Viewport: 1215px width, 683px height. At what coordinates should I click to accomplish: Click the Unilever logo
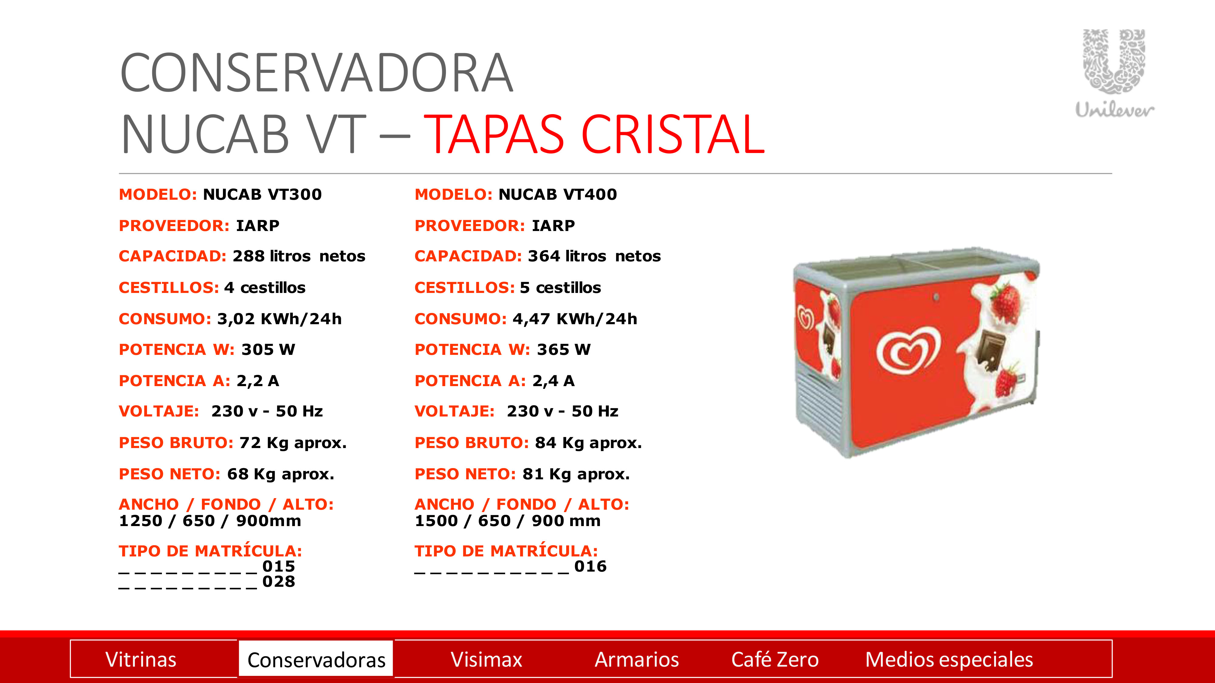(x=1114, y=73)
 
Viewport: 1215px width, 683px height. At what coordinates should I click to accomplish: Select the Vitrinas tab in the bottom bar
(x=141, y=659)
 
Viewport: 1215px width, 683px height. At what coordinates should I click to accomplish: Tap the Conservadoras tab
(x=316, y=659)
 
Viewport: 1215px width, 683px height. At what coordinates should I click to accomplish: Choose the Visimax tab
(x=486, y=659)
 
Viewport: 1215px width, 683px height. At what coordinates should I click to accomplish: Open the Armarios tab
(x=637, y=659)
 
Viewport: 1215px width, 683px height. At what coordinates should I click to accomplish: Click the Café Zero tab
(x=775, y=659)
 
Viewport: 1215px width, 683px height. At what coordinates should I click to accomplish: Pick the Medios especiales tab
(x=949, y=659)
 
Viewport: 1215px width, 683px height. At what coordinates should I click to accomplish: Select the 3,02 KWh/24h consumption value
(x=279, y=319)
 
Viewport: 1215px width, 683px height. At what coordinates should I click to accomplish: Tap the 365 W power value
(x=564, y=349)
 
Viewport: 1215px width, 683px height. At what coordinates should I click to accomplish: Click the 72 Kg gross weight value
(x=293, y=443)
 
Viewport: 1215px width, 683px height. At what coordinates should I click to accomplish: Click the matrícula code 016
(x=590, y=566)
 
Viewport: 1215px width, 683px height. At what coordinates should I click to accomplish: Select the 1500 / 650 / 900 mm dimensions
(x=508, y=521)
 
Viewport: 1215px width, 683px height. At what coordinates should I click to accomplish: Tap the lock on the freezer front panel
(x=936, y=297)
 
